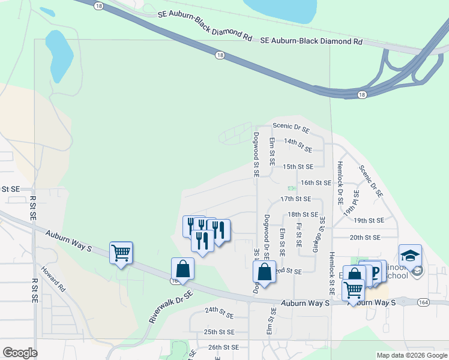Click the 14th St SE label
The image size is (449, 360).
click(x=298, y=145)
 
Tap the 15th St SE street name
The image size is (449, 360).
click(x=298, y=166)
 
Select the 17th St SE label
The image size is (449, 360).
click(x=295, y=199)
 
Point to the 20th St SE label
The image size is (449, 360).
click(x=365, y=237)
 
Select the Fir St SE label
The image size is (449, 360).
click(x=298, y=235)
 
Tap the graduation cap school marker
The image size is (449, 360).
click(x=411, y=256)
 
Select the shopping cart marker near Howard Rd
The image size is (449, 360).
click(x=121, y=253)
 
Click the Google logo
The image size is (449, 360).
click(x=20, y=353)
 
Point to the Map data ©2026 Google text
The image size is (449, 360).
click(x=411, y=355)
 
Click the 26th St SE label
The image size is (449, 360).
click(x=223, y=347)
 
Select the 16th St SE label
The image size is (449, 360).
click(x=316, y=182)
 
